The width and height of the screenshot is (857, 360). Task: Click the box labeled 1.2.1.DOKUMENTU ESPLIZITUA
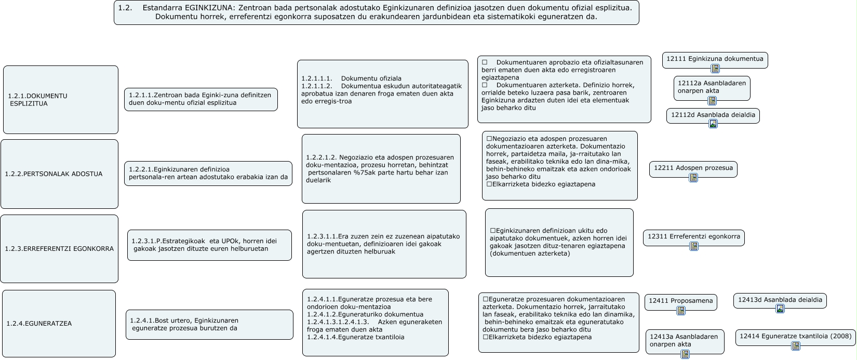(x=60, y=100)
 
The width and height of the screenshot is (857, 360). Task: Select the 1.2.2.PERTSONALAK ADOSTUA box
(x=59, y=174)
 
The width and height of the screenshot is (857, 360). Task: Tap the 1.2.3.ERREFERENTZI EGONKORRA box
(x=59, y=249)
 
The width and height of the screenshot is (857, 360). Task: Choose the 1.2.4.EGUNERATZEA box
(x=59, y=324)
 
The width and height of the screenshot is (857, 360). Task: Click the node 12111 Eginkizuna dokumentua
(x=715, y=59)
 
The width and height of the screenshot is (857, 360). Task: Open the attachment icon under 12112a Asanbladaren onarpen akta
(x=712, y=101)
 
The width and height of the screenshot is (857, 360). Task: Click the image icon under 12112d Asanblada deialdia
(x=713, y=124)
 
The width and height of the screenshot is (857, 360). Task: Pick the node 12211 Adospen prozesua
(x=693, y=168)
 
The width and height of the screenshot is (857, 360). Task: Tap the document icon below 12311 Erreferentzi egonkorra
(x=693, y=246)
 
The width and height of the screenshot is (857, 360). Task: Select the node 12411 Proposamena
(x=681, y=301)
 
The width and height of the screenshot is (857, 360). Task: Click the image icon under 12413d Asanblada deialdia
(x=780, y=309)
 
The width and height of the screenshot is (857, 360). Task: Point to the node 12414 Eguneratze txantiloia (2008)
(x=795, y=337)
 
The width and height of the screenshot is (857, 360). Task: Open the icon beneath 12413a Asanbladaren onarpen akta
(x=685, y=354)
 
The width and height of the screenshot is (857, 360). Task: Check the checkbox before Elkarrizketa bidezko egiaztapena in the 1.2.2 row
(x=489, y=184)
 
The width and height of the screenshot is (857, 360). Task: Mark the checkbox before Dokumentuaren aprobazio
(x=485, y=62)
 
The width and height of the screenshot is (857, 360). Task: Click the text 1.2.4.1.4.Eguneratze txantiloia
(x=356, y=337)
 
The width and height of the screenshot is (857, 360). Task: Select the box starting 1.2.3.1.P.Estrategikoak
(x=209, y=245)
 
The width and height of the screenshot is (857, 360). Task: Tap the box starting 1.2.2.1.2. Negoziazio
(x=381, y=169)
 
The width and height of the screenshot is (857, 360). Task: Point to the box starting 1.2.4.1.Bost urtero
(x=209, y=325)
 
